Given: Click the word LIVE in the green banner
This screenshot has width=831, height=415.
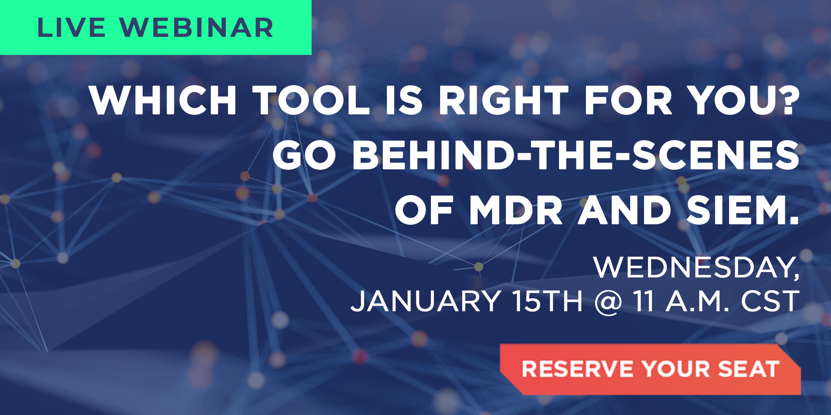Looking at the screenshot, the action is pos(71,28).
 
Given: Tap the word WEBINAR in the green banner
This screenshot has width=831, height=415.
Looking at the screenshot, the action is pos(196,28).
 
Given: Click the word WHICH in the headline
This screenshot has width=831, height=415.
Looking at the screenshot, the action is pos(163,100).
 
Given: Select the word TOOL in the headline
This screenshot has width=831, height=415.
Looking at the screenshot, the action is pos(311,100).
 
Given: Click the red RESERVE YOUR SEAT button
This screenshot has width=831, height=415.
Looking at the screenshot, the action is pos(650,369).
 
